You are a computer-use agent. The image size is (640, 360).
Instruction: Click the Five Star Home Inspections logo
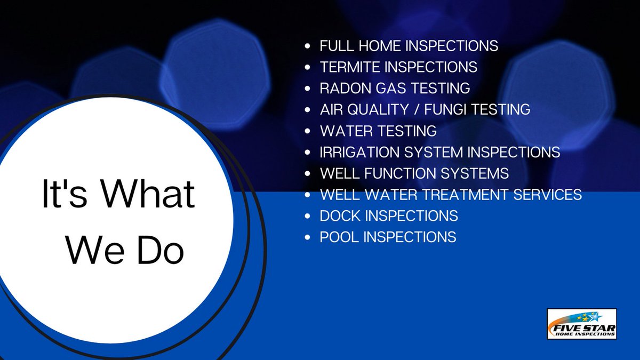pyautogui.click(x=582, y=324)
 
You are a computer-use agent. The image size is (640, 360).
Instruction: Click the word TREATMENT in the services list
pyautogui.click(x=455, y=195)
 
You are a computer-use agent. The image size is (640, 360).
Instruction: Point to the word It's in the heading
pyautogui.click(x=62, y=195)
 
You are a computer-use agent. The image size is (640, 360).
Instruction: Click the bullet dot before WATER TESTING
pyautogui.click(x=307, y=131)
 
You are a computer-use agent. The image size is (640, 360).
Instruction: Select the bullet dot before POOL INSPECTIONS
pyautogui.click(x=307, y=238)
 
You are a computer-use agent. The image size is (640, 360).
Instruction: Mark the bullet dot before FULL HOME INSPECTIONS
pyautogui.click(x=307, y=46)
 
